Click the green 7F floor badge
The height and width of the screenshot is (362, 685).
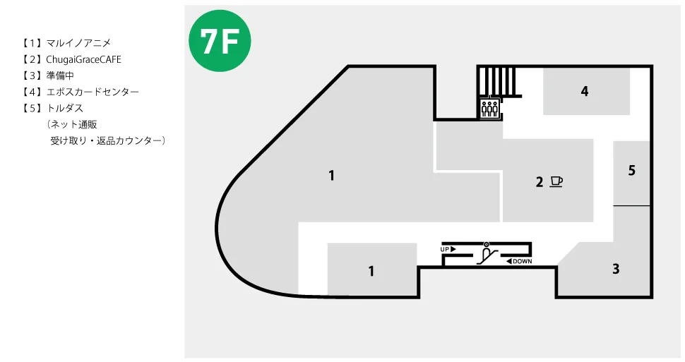click(220, 41)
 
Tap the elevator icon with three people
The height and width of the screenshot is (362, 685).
click(489, 108)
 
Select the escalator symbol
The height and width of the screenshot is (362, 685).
click(487, 253)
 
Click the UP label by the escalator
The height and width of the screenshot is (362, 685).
click(448, 249)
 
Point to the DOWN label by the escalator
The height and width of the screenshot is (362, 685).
click(519, 261)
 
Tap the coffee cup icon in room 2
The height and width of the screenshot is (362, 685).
click(556, 181)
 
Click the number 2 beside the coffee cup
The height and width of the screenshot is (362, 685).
click(540, 181)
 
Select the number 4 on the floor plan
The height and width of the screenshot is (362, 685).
click(585, 91)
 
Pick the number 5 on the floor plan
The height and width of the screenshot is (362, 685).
click(632, 170)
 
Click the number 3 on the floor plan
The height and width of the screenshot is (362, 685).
click(616, 269)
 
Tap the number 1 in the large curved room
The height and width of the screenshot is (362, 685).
click(332, 176)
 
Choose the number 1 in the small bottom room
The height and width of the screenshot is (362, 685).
click(371, 271)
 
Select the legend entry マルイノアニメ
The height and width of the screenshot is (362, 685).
click(78, 43)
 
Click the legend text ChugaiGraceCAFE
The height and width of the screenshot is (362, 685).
click(83, 59)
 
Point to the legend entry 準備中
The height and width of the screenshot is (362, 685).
click(60, 76)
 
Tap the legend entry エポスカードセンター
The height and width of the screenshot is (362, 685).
click(93, 92)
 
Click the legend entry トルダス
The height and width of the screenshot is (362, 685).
click(65, 108)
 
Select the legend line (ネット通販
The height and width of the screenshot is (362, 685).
click(71, 124)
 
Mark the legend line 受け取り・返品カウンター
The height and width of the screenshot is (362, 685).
click(107, 140)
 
